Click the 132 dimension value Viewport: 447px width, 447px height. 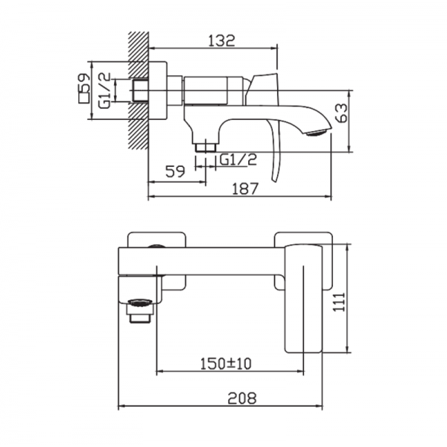click(221, 40)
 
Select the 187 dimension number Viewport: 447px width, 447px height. click(245, 188)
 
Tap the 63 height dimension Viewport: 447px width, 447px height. click(341, 113)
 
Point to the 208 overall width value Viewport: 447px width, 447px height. click(242, 398)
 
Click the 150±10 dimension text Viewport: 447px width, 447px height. click(226, 364)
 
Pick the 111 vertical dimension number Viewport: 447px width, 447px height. click(339, 302)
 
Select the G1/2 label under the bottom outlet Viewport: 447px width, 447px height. click(238, 159)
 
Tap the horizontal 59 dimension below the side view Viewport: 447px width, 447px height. click(175, 171)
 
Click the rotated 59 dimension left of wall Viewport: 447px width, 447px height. click(83, 83)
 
